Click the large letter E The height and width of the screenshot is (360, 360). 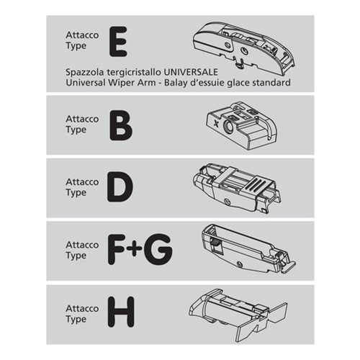[118, 42]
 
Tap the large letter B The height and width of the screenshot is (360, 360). [121, 126]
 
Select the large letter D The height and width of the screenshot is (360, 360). [120, 187]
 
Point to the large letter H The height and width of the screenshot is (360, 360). [121, 312]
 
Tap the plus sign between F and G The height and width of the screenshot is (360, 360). [135, 247]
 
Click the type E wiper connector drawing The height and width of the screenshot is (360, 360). [244, 48]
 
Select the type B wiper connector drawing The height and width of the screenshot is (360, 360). [241, 126]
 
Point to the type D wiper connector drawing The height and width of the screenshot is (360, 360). [237, 189]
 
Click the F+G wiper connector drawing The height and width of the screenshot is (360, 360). [249, 249]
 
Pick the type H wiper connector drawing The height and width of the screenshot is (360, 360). [238, 315]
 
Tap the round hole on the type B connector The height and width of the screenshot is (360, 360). [228, 127]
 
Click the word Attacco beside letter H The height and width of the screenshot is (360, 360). [82, 308]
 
